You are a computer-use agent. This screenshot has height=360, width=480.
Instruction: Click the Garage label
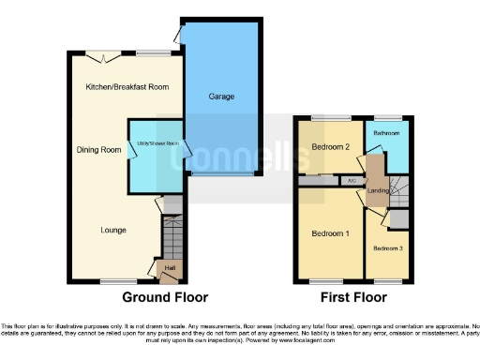[221, 97]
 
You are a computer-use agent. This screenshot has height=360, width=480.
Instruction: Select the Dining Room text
[99, 149]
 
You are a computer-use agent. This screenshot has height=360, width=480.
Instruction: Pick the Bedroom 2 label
[330, 147]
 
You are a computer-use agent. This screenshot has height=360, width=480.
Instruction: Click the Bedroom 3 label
[387, 247]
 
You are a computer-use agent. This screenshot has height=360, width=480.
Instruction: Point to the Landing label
[378, 191]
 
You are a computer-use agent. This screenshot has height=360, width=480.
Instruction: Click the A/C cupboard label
[351, 180]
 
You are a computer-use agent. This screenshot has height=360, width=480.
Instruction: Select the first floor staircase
[399, 192]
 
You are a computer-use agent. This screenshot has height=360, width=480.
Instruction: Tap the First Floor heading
[354, 298]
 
